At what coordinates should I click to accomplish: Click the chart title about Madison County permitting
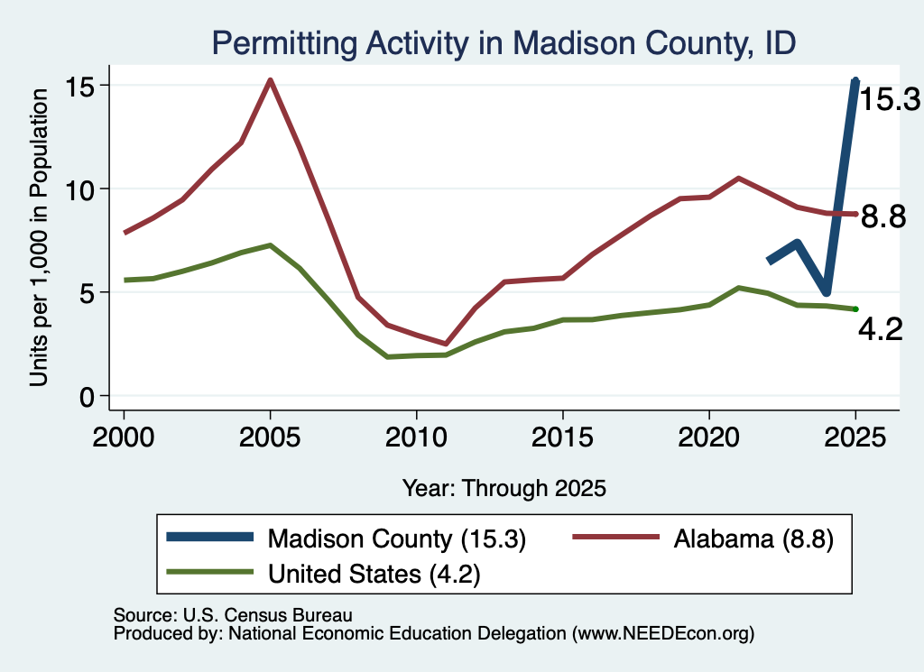pos(504,43)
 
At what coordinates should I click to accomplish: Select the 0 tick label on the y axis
pos(88,396)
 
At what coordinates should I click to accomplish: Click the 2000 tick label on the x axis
pos(124,437)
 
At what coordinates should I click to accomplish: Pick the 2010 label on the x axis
pos(417,437)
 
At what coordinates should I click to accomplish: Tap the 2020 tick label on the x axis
pos(709,437)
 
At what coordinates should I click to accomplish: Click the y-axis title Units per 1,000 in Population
pos(39,237)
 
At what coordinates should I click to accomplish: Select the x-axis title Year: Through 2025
pos(504,488)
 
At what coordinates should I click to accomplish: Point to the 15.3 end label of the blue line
pos(889,99)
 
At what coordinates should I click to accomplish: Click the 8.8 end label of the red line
pos(882,216)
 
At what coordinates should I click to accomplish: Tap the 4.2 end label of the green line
pos(881,329)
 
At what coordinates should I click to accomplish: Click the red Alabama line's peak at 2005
pos(270,80)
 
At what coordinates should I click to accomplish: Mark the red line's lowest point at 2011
pos(446,344)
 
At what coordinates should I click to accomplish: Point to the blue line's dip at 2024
pos(827,291)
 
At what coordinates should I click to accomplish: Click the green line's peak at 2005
pos(270,245)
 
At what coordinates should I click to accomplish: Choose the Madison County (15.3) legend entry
pos(346,539)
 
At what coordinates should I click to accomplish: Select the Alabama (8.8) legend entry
pos(704,539)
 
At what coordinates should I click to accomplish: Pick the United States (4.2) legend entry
pos(324,574)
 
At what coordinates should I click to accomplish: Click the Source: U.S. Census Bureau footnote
pos(233,615)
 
